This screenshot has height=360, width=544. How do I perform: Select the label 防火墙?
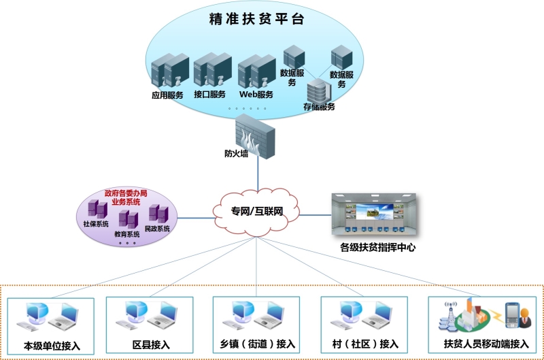(236, 154)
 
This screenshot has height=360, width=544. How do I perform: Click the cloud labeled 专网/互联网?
(258, 212)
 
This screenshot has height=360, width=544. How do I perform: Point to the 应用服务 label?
(167, 95)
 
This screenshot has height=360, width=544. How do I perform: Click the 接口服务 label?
(209, 95)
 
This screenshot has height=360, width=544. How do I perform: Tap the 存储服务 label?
(318, 107)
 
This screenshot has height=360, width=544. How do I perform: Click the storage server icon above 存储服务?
(317, 89)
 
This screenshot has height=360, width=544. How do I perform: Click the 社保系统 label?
(95, 223)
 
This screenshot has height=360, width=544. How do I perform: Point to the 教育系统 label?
(126, 234)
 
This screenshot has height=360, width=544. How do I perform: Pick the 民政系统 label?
(158, 229)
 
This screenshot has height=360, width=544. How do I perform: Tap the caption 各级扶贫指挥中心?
(378, 248)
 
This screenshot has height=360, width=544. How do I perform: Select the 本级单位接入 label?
(52, 346)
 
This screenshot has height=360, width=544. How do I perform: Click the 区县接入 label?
(151, 344)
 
